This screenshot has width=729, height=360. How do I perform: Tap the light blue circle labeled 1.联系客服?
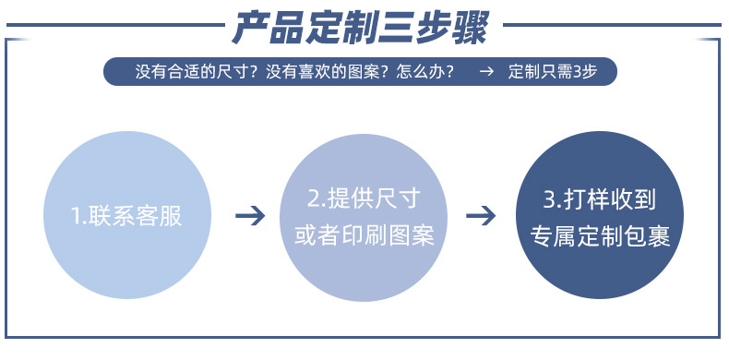coord(126,215)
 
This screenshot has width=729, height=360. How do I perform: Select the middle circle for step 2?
coord(363,215)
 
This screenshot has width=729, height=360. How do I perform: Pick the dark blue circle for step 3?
coord(600,215)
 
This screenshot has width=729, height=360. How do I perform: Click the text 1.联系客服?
coord(126,216)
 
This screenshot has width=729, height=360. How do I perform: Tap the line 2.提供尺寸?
coord(364,197)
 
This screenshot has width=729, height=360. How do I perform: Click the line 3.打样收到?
coord(600,197)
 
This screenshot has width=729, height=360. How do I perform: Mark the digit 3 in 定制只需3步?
coord(577,72)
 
